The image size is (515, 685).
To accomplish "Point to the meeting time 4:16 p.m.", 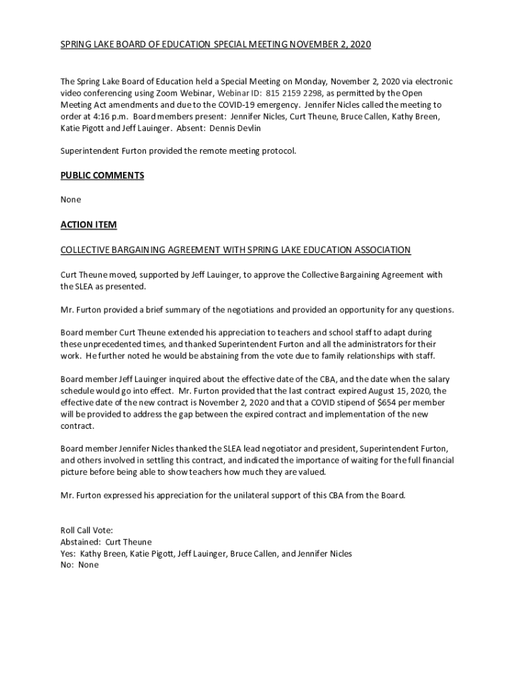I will (x=106, y=116).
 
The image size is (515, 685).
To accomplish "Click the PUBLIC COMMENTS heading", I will (x=102, y=175).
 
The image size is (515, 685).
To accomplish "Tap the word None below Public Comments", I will (x=71, y=199).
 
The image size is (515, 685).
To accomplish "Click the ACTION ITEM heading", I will (x=88, y=225).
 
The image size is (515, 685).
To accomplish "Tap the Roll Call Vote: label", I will (x=86, y=530).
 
